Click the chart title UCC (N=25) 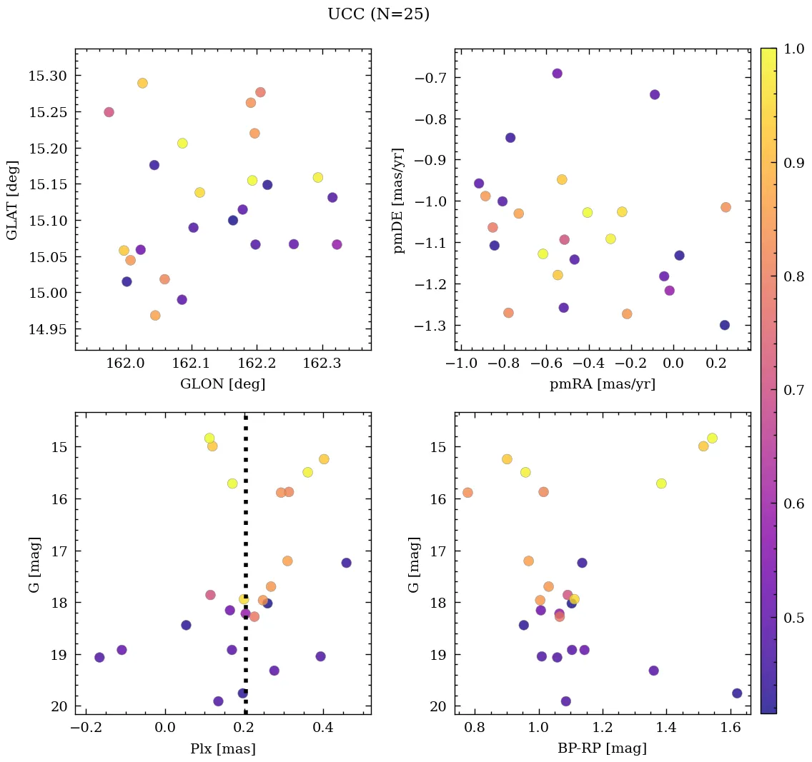click(378, 14)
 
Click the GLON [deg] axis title click(222, 384)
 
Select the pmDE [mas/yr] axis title click(399, 200)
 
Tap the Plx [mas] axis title click(222, 748)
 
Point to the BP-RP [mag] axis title click(602, 748)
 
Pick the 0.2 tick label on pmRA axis click(717, 365)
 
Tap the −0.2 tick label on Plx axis click(86, 729)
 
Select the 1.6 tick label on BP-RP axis click(731, 729)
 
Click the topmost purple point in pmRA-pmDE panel click(558, 74)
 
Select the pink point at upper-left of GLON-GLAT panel click(109, 112)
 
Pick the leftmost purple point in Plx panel click(99, 657)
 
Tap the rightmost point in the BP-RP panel click(737, 693)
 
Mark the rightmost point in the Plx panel click(346, 563)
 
